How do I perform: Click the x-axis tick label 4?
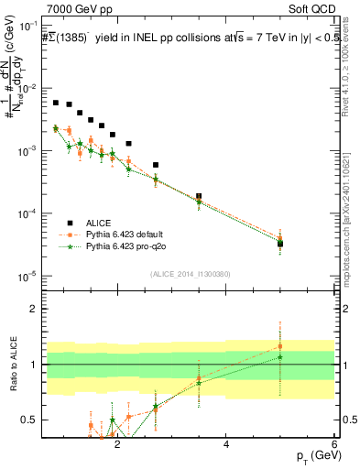click(226, 446)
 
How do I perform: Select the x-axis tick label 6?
click(334, 446)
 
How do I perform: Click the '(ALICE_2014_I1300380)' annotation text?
click(189, 274)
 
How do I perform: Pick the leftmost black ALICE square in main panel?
click(56, 103)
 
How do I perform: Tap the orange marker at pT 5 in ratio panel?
click(280, 346)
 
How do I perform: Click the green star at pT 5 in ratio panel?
click(280, 357)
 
